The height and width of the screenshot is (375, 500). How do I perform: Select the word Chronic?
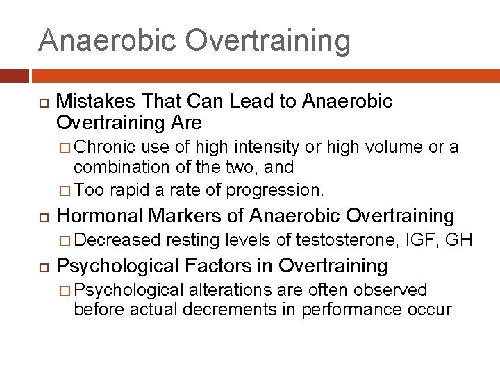(105, 147)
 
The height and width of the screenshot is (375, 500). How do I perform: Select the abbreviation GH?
(459, 240)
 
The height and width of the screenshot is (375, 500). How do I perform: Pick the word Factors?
(210, 265)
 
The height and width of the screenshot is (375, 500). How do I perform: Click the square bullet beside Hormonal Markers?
(42, 217)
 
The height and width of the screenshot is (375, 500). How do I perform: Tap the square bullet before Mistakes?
(42, 102)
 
